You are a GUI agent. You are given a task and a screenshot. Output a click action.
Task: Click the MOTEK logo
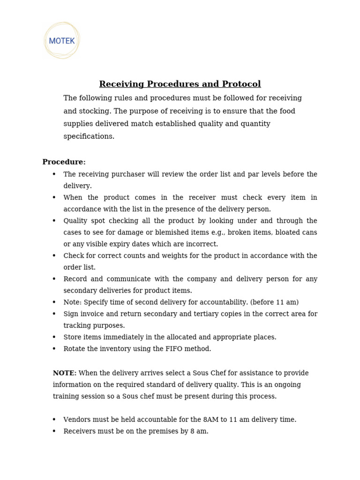pyautogui.click(x=62, y=41)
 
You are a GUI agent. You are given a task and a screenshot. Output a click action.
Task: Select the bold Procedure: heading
pyautogui.click(x=64, y=162)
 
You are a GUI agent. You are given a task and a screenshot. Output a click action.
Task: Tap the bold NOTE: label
pyautogui.click(x=65, y=373)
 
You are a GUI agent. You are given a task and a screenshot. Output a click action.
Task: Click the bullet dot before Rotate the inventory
pyautogui.click(x=54, y=349)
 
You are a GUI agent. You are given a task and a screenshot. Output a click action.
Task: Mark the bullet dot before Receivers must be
pyautogui.click(x=54, y=431)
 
